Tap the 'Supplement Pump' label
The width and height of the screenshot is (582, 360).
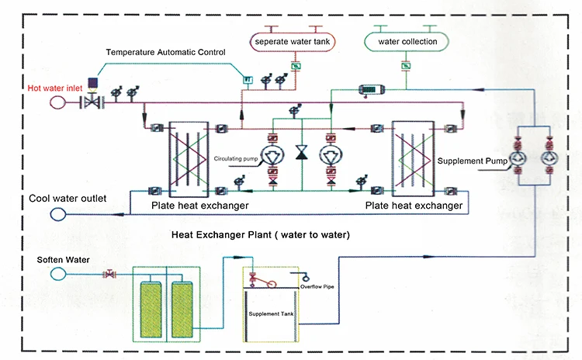470,161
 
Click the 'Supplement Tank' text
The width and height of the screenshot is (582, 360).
270,315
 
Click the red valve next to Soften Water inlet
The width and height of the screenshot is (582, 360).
110,274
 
